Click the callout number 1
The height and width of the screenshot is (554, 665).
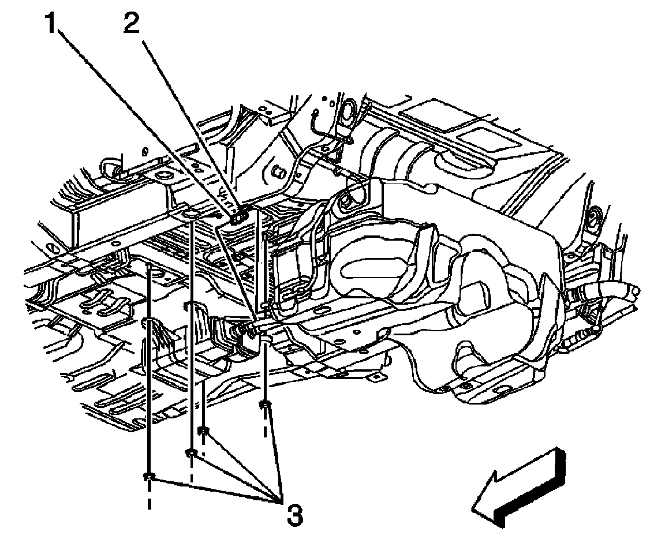click(x=55, y=26)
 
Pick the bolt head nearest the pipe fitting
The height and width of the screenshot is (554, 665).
click(x=264, y=405)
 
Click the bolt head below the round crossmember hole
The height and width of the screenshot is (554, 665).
click(x=191, y=452)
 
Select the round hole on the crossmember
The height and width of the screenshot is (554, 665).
click(x=190, y=215)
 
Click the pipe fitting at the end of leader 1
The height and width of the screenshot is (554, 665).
click(x=254, y=329)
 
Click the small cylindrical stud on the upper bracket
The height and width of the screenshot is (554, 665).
click(x=278, y=172)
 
